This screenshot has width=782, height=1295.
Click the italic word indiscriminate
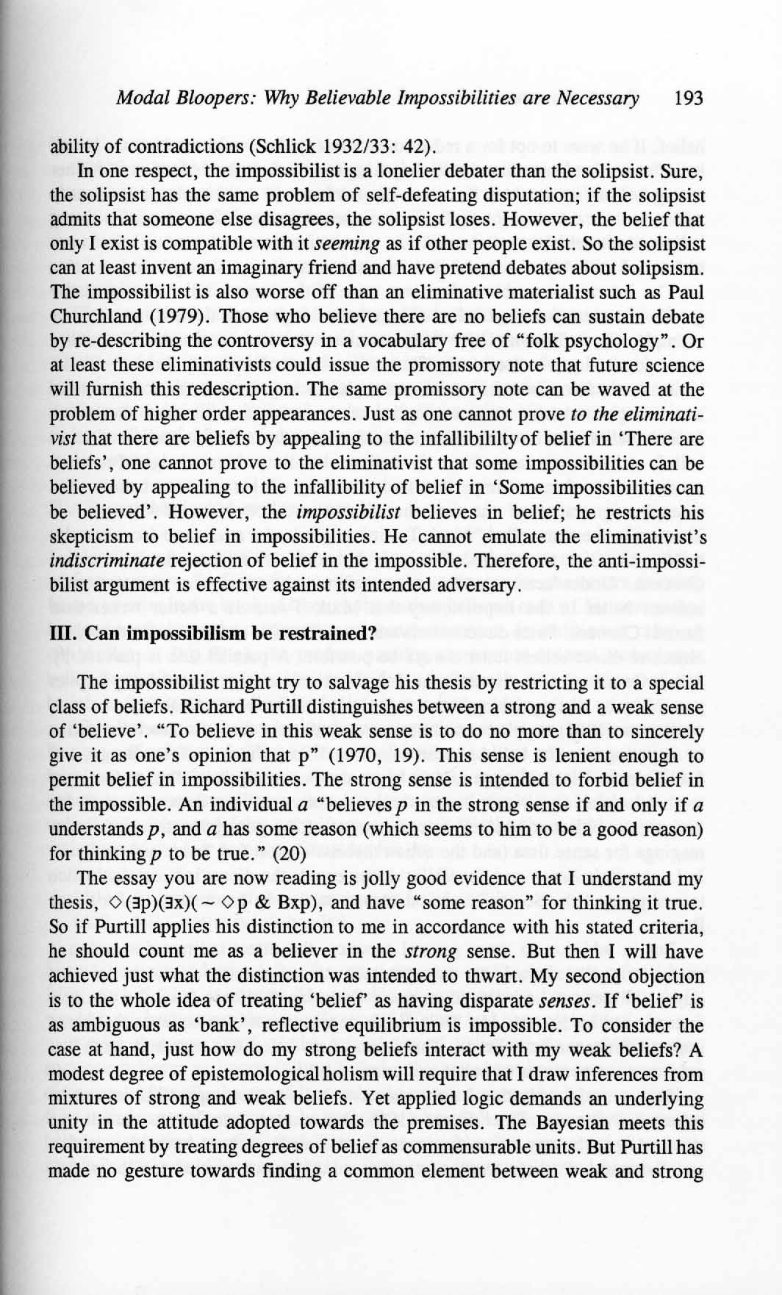[x=107, y=562]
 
